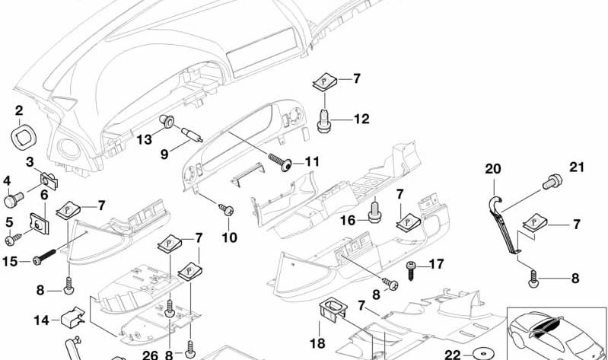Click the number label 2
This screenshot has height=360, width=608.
pyautogui.click(x=18, y=112)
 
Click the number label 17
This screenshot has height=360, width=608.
pyautogui.click(x=436, y=265)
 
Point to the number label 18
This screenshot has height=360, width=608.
pyautogui.click(x=318, y=344)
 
